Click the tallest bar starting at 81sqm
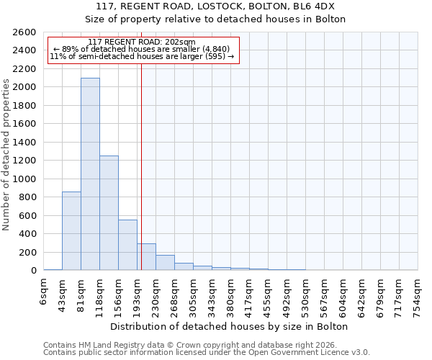pos(90,174)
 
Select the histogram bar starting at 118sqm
pos(109,212)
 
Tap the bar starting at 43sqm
pos(71,230)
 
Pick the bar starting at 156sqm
pos(127,245)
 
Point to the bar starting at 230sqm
pos(165,263)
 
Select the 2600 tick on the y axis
pos(24,32)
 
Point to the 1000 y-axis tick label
pos(24,179)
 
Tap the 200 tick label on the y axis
pos(27,252)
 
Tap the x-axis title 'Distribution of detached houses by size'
pos(231,326)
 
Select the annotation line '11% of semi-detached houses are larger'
pos(142,56)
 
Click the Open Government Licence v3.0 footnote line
pos(207,352)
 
